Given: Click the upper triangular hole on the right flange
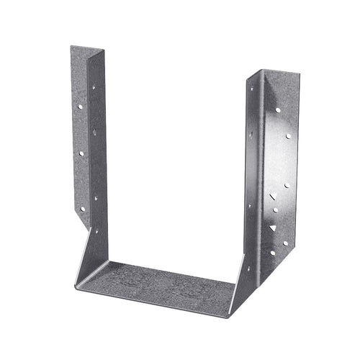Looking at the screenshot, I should [273, 197].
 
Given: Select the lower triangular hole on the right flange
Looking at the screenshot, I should [273, 228].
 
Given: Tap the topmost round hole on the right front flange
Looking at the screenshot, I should [278, 110].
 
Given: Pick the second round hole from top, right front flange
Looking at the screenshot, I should [288, 135].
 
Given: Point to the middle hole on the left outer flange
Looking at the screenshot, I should [81, 153].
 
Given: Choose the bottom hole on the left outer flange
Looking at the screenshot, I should [83, 208].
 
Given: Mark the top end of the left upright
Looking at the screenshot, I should [87, 52].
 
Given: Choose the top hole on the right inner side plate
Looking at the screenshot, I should [251, 89].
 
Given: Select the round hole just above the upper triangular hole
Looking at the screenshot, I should [287, 185].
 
